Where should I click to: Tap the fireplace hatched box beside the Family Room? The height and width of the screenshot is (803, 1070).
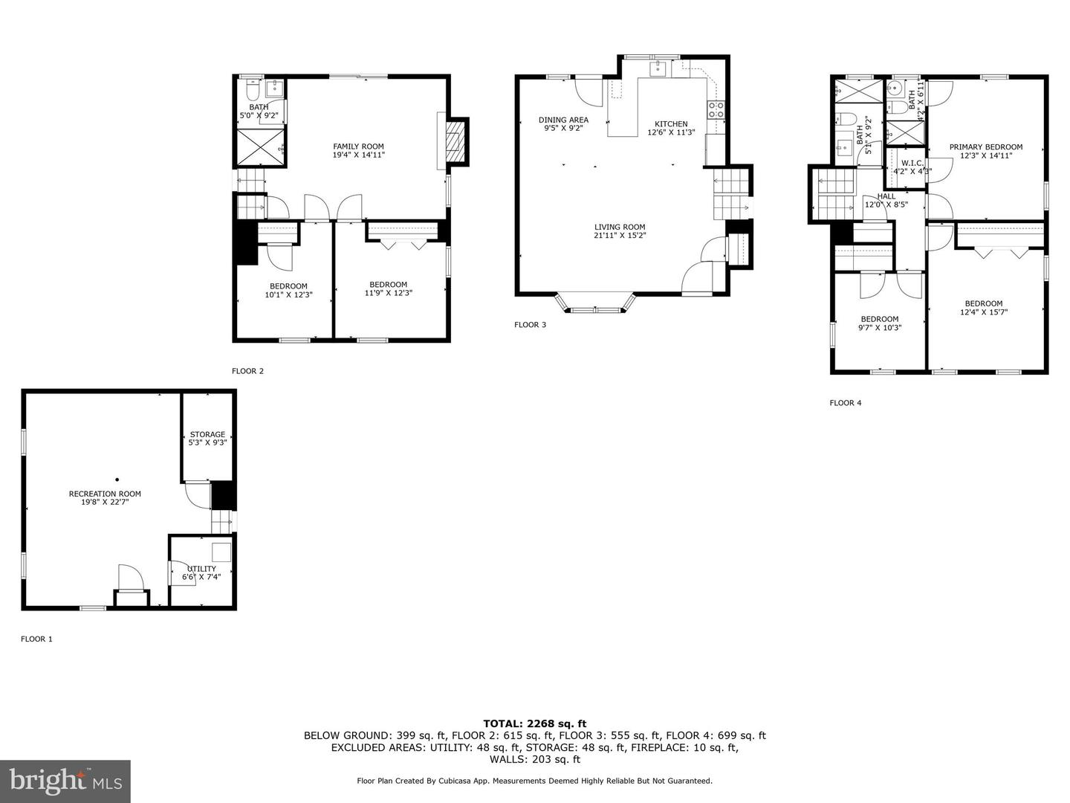pos(454,141)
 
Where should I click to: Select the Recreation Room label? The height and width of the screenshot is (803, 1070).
pos(105,494)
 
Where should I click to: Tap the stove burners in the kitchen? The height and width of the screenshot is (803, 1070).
pos(716,110)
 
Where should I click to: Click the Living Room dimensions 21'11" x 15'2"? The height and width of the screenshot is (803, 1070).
pos(620,236)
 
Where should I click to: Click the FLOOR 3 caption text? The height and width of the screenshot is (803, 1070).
pos(530,325)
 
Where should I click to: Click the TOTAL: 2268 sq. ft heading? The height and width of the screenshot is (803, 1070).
pos(534,723)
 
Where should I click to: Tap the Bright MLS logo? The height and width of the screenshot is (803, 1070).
pos(65,781)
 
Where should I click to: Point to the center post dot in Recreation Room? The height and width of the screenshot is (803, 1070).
pos(117,480)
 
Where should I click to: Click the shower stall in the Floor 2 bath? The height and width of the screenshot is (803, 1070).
pos(260,147)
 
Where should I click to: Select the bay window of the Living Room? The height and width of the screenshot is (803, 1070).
pos(596,305)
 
